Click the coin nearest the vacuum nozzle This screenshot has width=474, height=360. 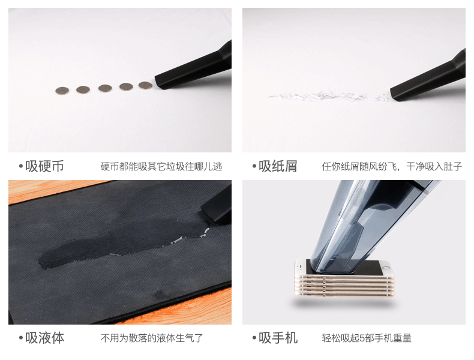click(x=145, y=85)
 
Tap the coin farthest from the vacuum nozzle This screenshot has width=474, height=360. click(x=62, y=91)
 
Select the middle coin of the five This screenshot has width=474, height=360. click(x=105, y=88)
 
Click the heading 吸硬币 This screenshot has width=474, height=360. click(x=44, y=166)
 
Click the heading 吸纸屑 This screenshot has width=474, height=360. click(x=278, y=166)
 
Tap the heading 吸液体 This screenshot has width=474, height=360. click(x=44, y=338)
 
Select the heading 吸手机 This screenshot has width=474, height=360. click(x=278, y=338)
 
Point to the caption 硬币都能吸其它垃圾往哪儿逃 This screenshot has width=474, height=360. click(x=161, y=167)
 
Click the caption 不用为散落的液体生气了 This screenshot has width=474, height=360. click(x=152, y=338)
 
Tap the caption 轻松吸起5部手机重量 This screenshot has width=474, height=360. click(x=367, y=338)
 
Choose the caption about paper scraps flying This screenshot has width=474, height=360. click(x=392, y=167)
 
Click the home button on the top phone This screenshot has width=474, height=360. click(x=385, y=267)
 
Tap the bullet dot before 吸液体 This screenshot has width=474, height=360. click(x=21, y=338)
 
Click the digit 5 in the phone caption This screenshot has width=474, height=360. click(x=362, y=338)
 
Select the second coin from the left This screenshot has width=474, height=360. click(x=83, y=89)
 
